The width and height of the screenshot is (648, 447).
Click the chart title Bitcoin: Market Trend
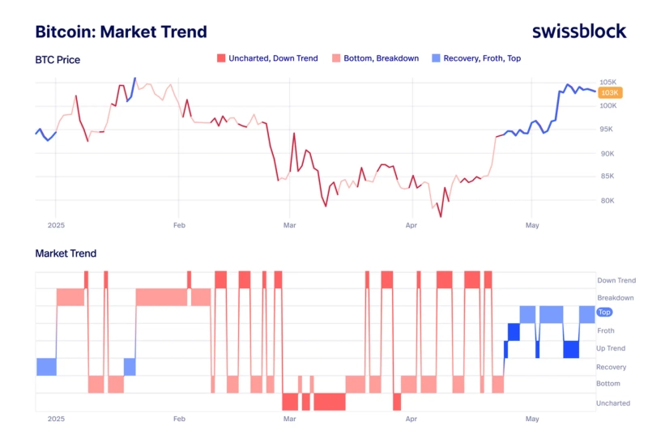pos(121,32)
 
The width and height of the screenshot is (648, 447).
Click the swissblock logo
pos(579,32)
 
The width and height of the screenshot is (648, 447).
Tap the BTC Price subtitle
pos(58,59)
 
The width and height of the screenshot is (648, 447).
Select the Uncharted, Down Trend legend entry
pos(267,58)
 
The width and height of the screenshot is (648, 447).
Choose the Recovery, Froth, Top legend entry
pos(476,58)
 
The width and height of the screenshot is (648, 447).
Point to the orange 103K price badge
pos(609,93)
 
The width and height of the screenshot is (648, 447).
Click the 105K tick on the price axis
pos(608,83)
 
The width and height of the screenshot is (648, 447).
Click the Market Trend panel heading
pos(66,253)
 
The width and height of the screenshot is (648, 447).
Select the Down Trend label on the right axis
pos(616,280)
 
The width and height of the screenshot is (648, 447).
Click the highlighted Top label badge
pos(604,312)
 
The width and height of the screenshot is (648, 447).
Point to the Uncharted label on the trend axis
pos(612,402)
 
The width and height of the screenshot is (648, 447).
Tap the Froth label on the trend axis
pos(606,330)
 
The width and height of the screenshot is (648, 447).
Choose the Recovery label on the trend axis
pos(611,367)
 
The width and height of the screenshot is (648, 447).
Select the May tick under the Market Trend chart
pos(532,419)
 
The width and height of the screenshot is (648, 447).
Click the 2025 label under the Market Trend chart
pos(56,419)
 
